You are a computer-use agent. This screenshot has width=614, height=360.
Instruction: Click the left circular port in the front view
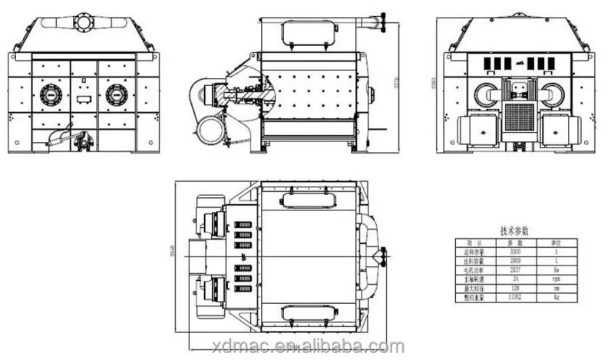tap(51, 95)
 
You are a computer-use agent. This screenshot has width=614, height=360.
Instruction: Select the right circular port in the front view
tap(117, 95)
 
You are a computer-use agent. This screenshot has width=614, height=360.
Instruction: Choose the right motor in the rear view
tap(559, 127)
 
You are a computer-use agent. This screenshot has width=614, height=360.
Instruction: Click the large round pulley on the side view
tap(207, 131)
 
